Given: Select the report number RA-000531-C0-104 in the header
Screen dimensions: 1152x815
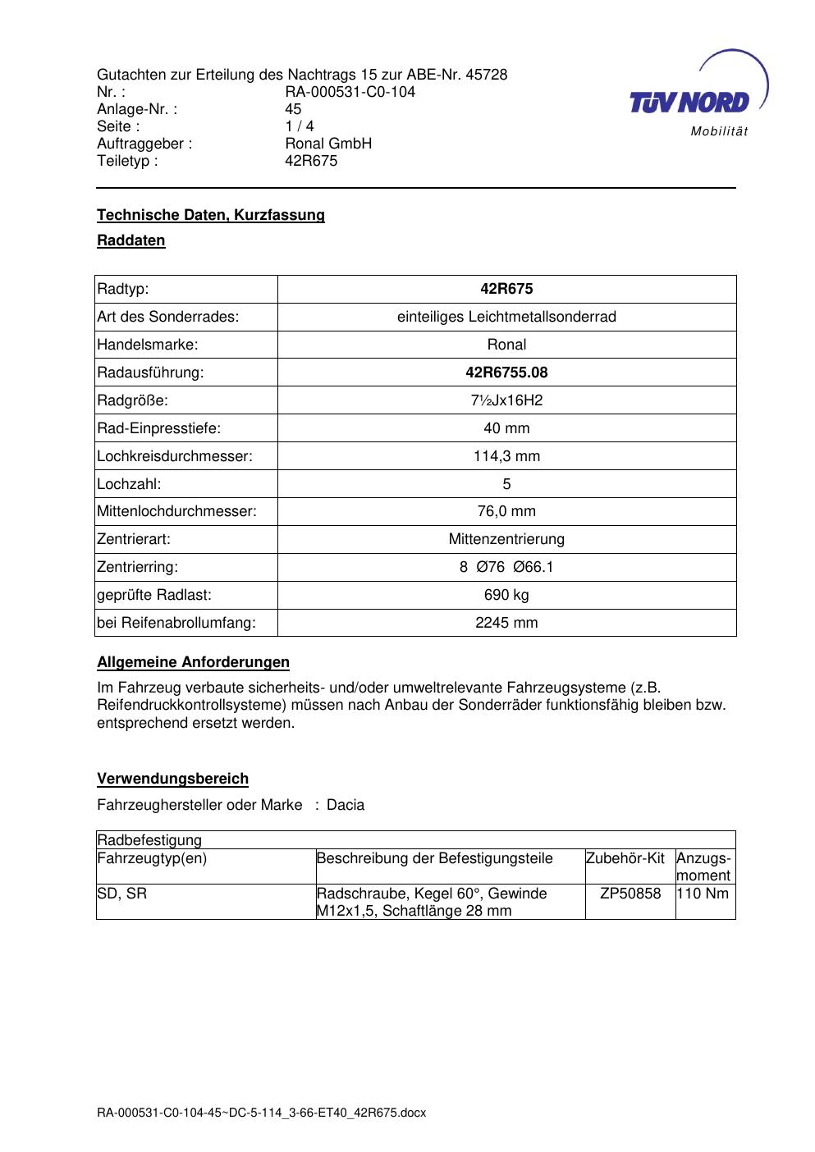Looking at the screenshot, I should pyautogui.click(x=350, y=92).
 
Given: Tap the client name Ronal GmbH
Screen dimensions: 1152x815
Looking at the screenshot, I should pyautogui.click(x=328, y=144).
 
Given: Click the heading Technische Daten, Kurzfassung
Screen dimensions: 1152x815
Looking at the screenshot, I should pyautogui.click(x=211, y=215).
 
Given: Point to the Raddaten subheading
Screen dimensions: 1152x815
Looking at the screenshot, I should pyautogui.click(x=131, y=240).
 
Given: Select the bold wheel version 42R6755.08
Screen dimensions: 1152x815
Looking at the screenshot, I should pyautogui.click(x=506, y=373).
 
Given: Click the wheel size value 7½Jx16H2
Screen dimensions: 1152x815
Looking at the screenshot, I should pyautogui.click(x=506, y=400).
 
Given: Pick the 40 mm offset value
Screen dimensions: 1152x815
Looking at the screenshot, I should pyautogui.click(x=506, y=428).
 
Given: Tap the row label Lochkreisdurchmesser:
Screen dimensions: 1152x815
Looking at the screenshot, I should pyautogui.click(x=175, y=456).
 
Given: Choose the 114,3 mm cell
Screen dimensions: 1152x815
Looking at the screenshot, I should pyautogui.click(x=506, y=456).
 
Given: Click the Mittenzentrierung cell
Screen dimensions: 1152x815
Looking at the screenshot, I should pyautogui.click(x=506, y=539).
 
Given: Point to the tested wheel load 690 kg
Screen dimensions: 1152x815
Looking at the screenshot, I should pyautogui.click(x=506, y=595).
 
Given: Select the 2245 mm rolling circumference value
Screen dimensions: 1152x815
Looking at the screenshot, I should pyautogui.click(x=506, y=623).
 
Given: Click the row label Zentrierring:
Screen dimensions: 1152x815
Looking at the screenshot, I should pyautogui.click(x=138, y=567).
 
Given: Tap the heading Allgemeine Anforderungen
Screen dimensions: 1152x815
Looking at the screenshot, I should pyautogui.click(x=193, y=662).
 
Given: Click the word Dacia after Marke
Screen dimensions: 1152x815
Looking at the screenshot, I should pyautogui.click(x=346, y=805).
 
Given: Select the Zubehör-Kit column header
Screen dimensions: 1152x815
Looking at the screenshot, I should pyautogui.click(x=625, y=859).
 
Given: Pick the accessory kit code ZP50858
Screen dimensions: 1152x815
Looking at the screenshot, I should pyautogui.click(x=630, y=894).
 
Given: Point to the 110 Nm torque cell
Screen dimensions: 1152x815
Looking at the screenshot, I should pyautogui.click(x=703, y=894).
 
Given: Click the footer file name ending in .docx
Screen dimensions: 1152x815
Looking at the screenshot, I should pyautogui.click(x=262, y=1113).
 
